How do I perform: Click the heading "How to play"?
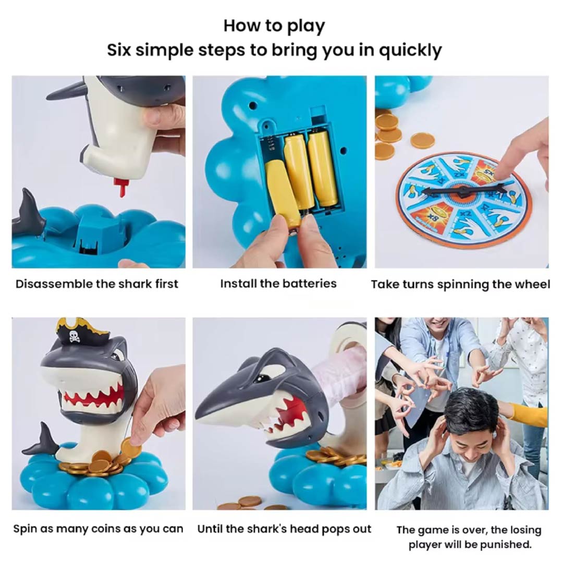pyautogui.click(x=274, y=26)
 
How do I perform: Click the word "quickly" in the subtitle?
pyautogui.click(x=410, y=50)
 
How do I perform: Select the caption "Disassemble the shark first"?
pyautogui.click(x=96, y=284)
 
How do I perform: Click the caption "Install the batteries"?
pyautogui.click(x=278, y=284)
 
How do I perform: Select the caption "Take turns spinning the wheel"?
pyautogui.click(x=460, y=285)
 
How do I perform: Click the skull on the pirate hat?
pyautogui.click(x=75, y=336)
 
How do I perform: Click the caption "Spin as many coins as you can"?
pyautogui.click(x=98, y=529)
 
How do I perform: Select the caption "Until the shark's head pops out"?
pyautogui.click(x=285, y=529)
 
